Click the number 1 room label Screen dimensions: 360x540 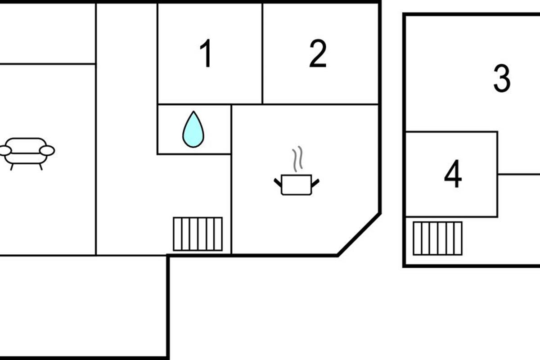206,54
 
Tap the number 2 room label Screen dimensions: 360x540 318,54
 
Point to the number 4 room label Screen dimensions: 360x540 453,175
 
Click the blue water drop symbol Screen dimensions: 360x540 193,131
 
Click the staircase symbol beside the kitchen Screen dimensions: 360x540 198,234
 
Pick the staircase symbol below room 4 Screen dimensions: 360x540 437,238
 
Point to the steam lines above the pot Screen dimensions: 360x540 297,159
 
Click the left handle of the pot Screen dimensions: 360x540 278,182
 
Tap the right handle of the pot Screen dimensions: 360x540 315,182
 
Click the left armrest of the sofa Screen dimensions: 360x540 5,150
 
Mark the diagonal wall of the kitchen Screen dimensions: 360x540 359,234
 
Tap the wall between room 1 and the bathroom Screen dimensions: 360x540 193,104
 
